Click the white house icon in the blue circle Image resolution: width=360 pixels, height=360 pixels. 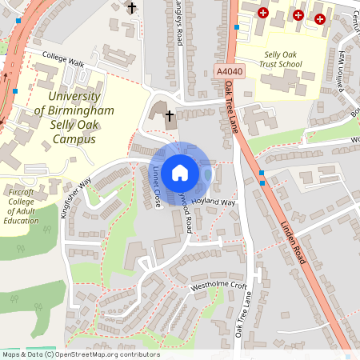[180, 171]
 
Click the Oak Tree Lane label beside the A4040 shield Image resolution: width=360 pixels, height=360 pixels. [232, 107]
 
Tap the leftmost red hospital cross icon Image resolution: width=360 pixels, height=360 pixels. [263, 12]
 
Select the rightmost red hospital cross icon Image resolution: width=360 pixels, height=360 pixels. [320, 18]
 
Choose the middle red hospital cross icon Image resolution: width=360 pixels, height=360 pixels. [298, 14]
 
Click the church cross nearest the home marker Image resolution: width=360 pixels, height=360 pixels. [170, 117]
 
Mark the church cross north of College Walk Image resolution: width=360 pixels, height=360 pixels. [133, 8]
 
